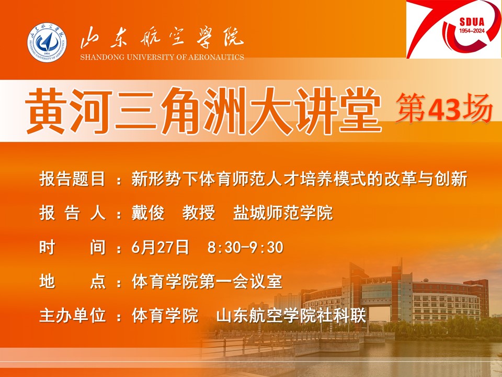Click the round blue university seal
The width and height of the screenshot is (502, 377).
click(47, 42)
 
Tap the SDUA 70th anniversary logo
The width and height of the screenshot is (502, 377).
click(454, 29)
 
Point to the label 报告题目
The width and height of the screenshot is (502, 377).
click(72, 179)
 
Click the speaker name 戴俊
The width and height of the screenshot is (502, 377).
click(148, 213)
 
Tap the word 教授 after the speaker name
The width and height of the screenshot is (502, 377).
click(199, 213)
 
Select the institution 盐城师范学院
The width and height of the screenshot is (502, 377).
click(283, 213)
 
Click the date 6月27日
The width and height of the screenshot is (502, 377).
click(160, 248)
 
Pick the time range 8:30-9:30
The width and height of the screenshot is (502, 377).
click(245, 248)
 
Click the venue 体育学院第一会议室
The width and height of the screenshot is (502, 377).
click(207, 282)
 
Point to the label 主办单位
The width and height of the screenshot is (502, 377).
click(72, 315)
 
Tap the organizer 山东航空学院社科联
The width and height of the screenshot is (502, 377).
click(291, 315)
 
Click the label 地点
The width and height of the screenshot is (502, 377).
click(72, 282)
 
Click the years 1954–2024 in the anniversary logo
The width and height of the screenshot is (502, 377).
click(472, 31)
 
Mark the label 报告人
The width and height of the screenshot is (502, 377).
click(72, 213)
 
